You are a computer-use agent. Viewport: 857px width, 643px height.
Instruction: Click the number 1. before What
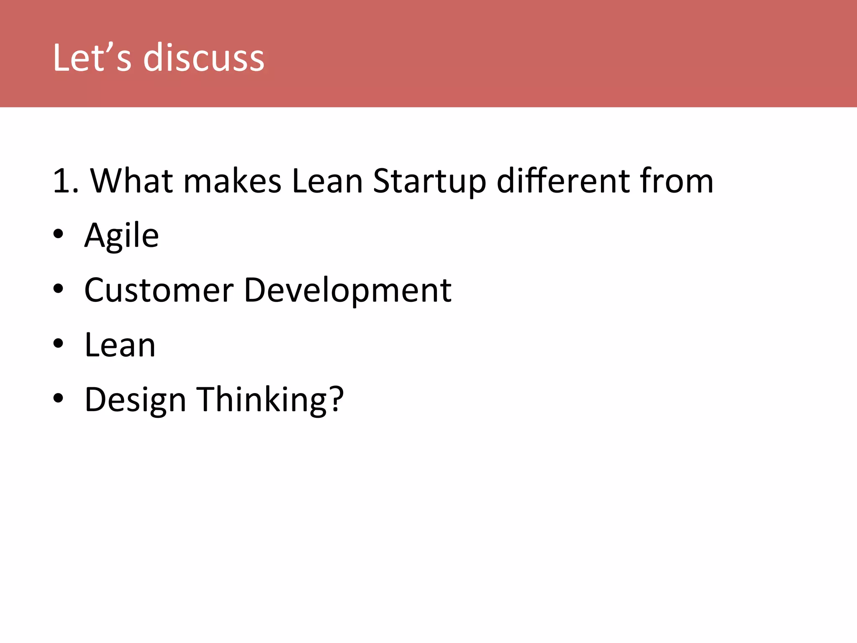(x=65, y=181)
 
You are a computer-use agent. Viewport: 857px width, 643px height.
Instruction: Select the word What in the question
(x=132, y=181)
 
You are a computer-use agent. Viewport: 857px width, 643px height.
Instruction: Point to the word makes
(x=232, y=181)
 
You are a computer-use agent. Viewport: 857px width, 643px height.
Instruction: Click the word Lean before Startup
(x=327, y=181)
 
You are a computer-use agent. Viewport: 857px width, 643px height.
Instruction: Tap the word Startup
(x=429, y=181)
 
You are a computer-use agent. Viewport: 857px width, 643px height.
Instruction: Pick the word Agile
(x=121, y=236)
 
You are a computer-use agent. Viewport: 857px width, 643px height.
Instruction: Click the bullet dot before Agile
(x=58, y=234)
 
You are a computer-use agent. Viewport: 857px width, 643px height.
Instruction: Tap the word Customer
(x=159, y=290)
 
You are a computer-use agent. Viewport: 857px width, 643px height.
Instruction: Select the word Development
(x=347, y=290)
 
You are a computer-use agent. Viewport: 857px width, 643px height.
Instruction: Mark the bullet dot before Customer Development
(x=58, y=289)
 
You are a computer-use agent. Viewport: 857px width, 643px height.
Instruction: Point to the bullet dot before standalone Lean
(x=58, y=344)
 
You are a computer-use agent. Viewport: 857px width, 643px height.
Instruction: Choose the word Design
(x=135, y=400)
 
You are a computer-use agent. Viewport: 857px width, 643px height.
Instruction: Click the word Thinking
(x=262, y=400)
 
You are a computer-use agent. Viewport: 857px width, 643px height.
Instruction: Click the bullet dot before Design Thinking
(x=58, y=399)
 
